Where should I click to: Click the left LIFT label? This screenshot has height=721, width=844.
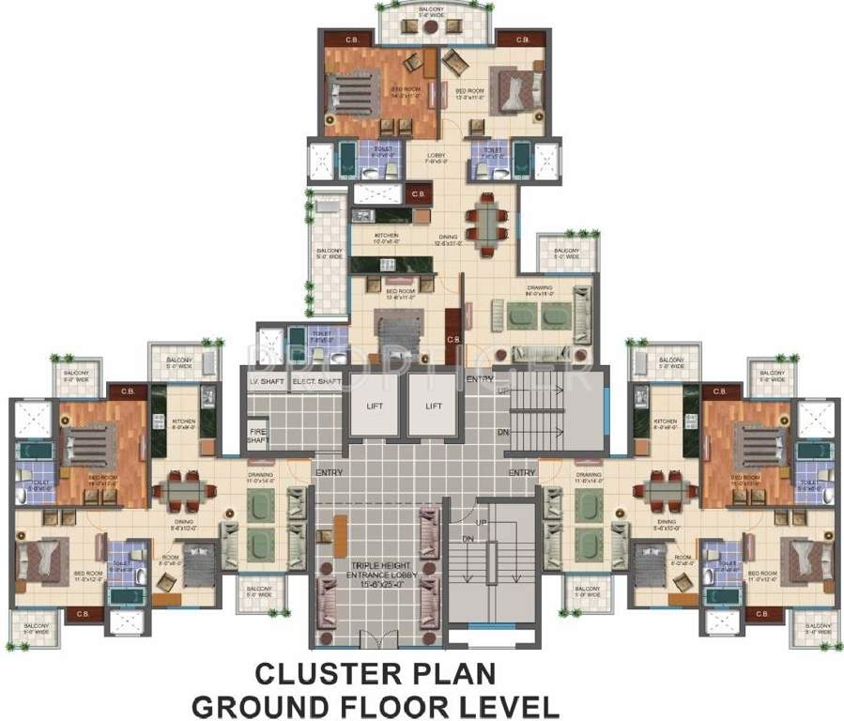point(375,406)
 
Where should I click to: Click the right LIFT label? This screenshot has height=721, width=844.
point(433,406)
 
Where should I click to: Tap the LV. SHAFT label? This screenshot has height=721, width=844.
point(267,382)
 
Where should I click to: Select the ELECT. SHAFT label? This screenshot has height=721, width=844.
point(316,382)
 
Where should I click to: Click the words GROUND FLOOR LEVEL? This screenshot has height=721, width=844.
point(375,704)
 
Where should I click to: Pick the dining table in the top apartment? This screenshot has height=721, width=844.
point(486,222)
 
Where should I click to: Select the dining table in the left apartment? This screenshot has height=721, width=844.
point(183,490)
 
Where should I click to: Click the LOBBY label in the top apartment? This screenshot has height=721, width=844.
point(436,156)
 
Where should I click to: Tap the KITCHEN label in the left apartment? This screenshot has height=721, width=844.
point(184,422)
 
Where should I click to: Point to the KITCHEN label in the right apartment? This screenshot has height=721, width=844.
point(666,422)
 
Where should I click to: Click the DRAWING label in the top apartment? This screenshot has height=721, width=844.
point(539,288)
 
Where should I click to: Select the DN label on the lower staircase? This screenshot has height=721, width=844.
point(468,538)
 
